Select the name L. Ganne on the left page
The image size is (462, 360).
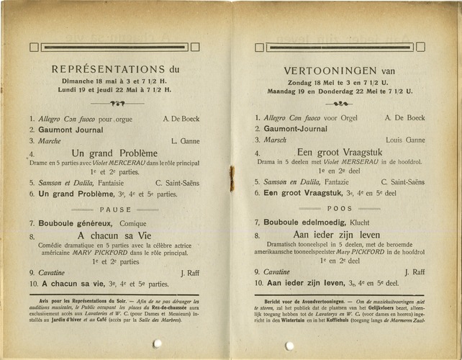coord(186,141)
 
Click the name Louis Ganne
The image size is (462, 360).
coord(405,140)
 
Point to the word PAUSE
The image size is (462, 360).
coord(115,210)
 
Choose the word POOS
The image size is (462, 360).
coord(340,209)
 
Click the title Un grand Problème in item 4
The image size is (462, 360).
coord(114,153)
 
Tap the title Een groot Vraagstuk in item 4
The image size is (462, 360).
coord(340,153)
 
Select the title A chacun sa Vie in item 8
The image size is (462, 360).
coord(114,235)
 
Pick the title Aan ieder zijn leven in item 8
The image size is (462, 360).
coord(338,235)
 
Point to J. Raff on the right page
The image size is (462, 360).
coord(415,272)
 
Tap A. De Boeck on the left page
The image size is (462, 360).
coord(181,118)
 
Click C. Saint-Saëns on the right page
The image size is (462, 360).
coord(402,182)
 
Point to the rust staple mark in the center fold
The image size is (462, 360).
coord(232,179)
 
